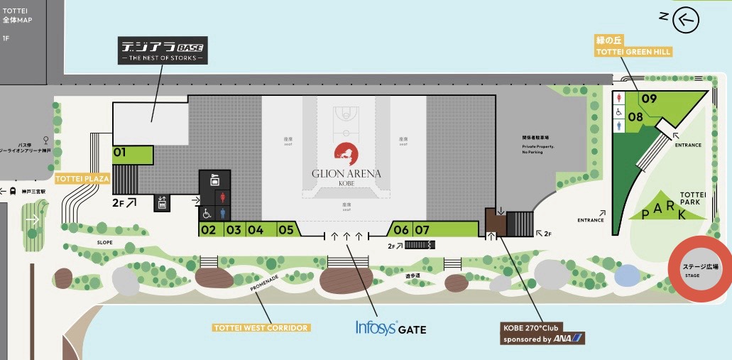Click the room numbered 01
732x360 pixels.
pos(133,153)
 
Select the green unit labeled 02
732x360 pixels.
pos(209,229)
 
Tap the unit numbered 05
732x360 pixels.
pos(286,229)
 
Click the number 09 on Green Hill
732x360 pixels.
pos(648,99)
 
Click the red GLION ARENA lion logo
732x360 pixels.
pos(346,153)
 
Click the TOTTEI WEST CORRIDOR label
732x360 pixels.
pos(261,328)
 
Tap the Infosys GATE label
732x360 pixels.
pos(390,328)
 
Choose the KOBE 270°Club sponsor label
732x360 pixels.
pos(542,334)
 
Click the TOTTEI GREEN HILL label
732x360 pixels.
pos(633,52)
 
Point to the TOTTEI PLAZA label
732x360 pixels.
pos(82,179)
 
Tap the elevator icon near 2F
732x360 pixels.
pos(163,203)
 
